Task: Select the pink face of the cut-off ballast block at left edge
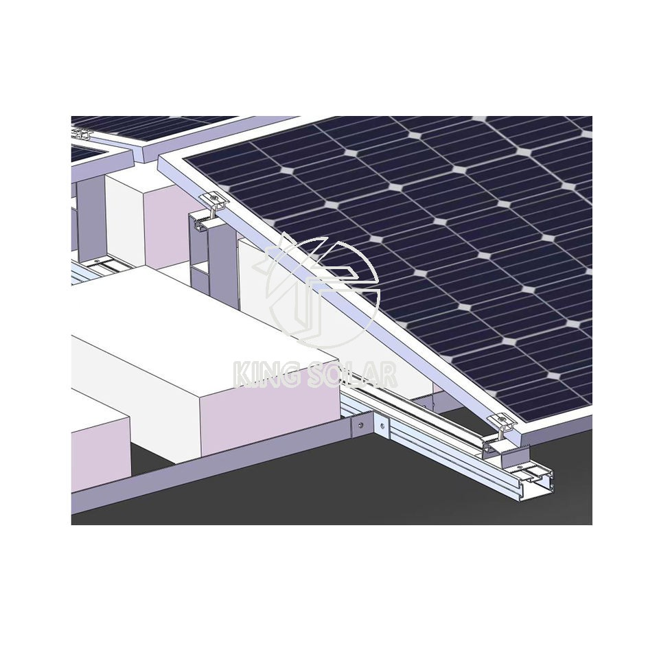(100, 453)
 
